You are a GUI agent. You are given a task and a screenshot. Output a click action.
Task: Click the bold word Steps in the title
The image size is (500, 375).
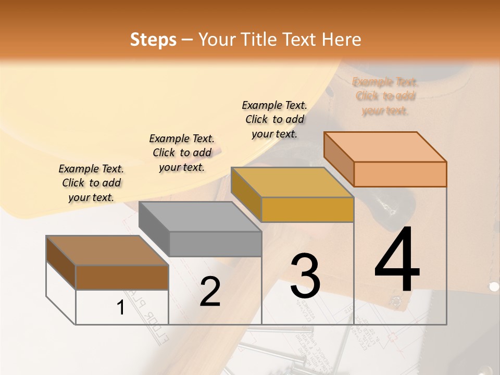pos(153,40)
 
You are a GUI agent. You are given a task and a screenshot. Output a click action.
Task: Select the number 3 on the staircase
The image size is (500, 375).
pos(305,276)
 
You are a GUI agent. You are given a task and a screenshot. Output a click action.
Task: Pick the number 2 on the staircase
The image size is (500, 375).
pos(210,292)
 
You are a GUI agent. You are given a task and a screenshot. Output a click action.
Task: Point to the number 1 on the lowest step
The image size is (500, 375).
pos(120,307)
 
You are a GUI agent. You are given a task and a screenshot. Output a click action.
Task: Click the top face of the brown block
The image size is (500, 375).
pos(107,251)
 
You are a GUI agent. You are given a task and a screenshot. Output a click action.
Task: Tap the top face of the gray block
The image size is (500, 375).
pos(200,217)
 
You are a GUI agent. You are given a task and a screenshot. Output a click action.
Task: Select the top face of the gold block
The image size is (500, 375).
pos(292,182)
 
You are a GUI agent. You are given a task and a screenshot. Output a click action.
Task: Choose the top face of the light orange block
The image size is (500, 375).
pos(385,147)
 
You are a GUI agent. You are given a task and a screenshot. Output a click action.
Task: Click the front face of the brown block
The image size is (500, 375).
pos(122,277)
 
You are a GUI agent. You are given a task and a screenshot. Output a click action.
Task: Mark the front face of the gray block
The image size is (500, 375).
pos(215,244)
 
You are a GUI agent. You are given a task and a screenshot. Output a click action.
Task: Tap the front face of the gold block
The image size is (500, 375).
pos(307,210)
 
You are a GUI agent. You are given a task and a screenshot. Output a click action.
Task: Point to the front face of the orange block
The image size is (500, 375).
pos(400,174)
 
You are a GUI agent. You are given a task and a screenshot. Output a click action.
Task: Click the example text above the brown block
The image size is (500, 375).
pos(91,183)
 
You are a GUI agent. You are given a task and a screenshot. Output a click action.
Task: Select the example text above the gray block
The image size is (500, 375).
pos(182,153)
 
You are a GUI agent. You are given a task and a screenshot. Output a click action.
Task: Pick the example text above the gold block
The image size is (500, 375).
pos(274,119)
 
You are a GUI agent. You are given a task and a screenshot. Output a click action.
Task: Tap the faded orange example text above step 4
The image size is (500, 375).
pos(385,96)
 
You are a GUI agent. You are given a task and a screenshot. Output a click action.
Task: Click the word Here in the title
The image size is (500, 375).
pos(342,40)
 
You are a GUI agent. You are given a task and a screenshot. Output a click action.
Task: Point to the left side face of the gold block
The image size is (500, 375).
pos(246,194)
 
